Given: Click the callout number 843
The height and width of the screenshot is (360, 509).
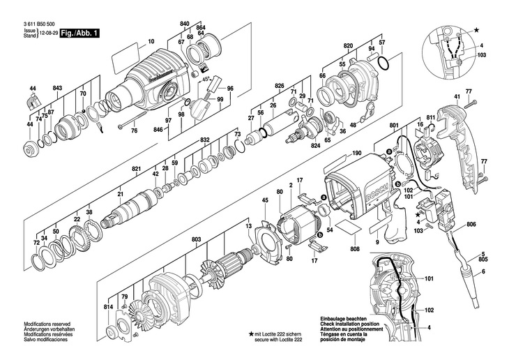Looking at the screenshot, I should (x=58, y=87).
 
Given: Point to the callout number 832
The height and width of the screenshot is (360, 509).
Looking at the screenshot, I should (x=205, y=140).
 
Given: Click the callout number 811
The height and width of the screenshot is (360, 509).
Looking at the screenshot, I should (x=430, y=117).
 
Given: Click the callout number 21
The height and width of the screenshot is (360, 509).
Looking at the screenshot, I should (x=120, y=193).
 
